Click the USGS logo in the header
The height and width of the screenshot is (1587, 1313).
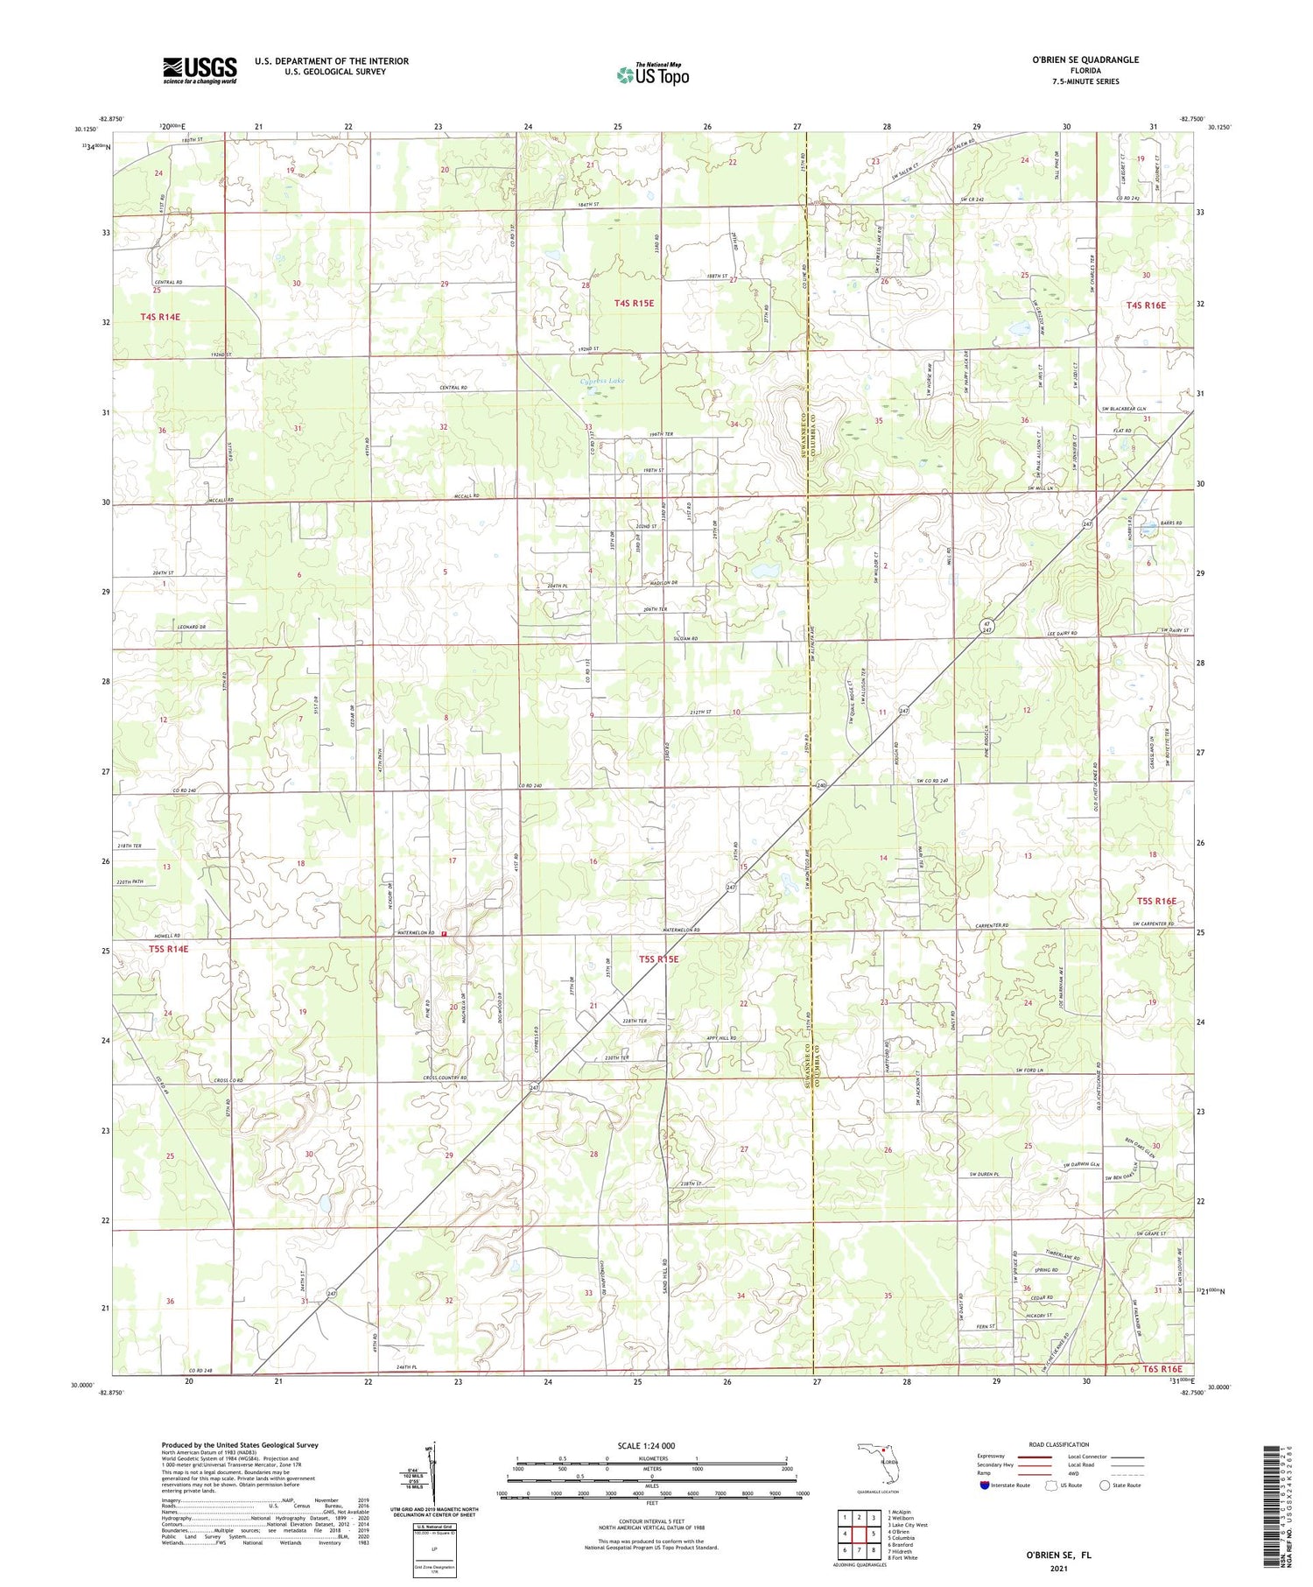pyautogui.click(x=200, y=69)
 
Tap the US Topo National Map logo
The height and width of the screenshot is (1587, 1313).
pyautogui.click(x=652, y=74)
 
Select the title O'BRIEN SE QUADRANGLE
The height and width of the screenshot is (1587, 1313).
pyautogui.click(x=1085, y=60)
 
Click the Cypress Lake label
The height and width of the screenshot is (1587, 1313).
pyautogui.click(x=602, y=382)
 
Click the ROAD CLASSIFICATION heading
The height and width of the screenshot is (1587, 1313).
pyautogui.click(x=1059, y=1444)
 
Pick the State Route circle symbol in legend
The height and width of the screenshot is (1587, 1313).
pyautogui.click(x=1105, y=1485)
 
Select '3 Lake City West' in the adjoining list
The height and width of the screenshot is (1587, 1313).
pyautogui.click(x=908, y=1526)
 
